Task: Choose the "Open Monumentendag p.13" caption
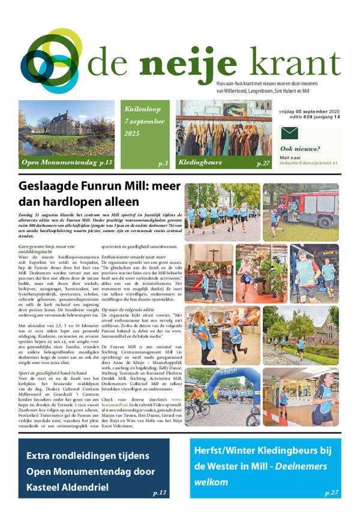(67, 163)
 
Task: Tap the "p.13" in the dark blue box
(160, 492)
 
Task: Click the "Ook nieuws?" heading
(300, 149)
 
